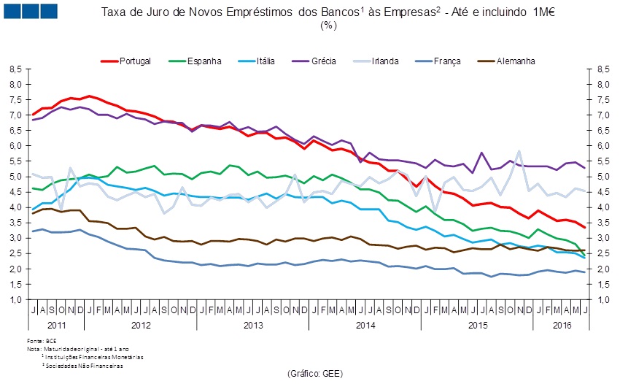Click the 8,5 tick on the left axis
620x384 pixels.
[x=17, y=69]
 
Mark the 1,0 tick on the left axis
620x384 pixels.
[x=17, y=300]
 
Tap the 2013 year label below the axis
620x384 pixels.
[x=253, y=323]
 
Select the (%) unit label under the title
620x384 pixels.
[x=328, y=25]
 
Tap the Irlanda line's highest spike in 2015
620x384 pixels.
[x=519, y=151]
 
